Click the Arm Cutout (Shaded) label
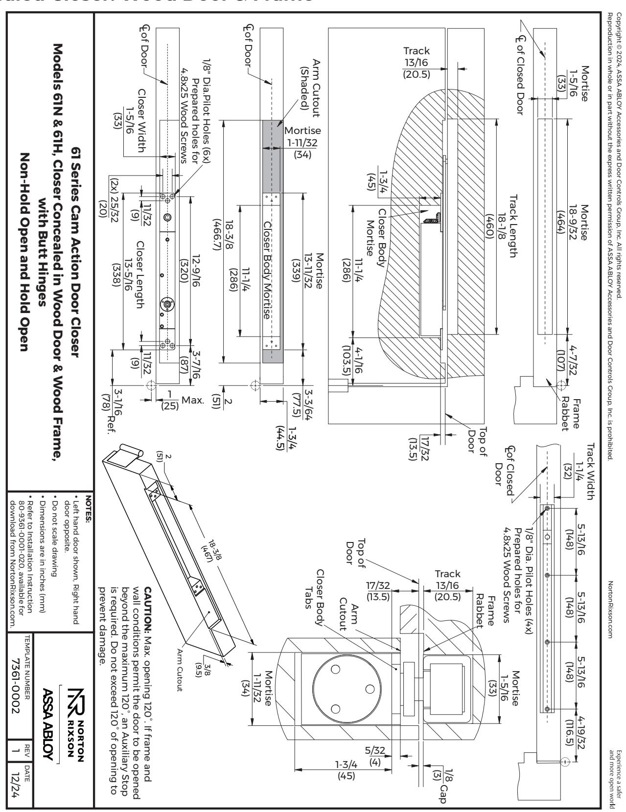310,88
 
